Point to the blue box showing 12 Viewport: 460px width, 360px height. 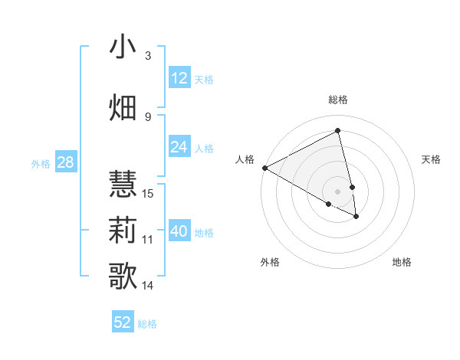click(x=179, y=78)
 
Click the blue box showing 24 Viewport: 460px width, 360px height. click(x=179, y=147)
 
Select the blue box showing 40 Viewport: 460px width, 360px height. click(x=179, y=231)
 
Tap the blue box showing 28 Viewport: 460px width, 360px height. click(x=64, y=162)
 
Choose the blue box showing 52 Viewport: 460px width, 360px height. click(x=123, y=322)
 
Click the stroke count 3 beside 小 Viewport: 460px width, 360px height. click(x=148, y=56)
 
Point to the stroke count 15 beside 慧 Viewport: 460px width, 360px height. click(x=149, y=193)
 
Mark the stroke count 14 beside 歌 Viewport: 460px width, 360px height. click(x=149, y=286)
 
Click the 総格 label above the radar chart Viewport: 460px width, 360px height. click(x=338, y=100)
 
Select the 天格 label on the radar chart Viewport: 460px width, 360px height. click(x=432, y=159)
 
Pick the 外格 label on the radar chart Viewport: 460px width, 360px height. click(x=270, y=262)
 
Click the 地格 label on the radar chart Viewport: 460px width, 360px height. click(x=402, y=262)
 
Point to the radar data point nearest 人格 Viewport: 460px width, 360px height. click(x=264, y=168)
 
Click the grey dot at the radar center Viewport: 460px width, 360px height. click(x=338, y=191)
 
